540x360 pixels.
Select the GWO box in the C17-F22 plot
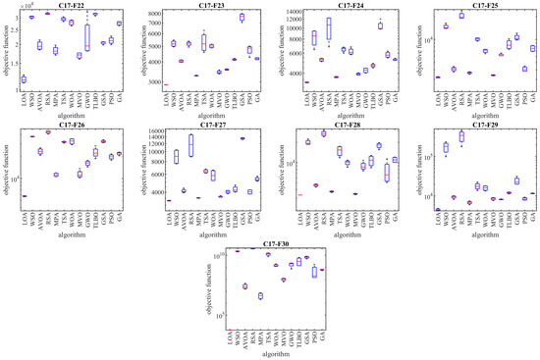(87, 37)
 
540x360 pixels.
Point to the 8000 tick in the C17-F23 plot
(155, 13)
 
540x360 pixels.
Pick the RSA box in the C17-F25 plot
(461, 16)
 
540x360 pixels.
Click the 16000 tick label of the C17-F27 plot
(153, 131)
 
